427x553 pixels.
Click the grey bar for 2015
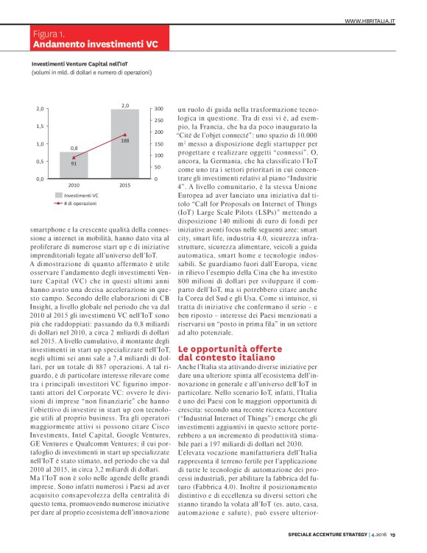click(x=125, y=147)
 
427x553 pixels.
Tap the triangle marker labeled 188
click(x=125, y=135)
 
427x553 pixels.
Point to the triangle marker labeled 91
click(x=74, y=157)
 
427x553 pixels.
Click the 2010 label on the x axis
click(x=74, y=185)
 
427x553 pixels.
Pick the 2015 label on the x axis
click(x=125, y=185)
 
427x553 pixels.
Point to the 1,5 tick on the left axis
click(x=40, y=126)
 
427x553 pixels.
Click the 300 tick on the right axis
click(x=159, y=108)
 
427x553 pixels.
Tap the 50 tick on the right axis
click(x=158, y=167)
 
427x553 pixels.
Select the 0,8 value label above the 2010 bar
click(x=74, y=148)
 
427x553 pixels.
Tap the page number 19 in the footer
click(x=392, y=534)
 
